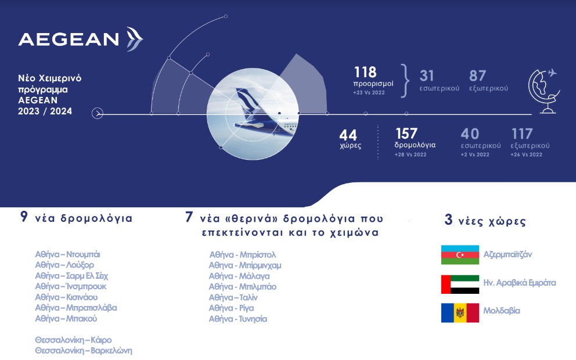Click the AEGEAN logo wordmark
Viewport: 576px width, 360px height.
(69, 39)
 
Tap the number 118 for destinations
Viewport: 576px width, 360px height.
(366, 73)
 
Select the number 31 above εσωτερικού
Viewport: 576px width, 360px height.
(427, 75)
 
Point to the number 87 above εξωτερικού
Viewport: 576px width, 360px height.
(477, 75)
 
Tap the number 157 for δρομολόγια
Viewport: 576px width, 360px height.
(407, 134)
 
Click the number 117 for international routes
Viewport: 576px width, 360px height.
(522, 134)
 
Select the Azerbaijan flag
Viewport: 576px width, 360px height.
(460, 255)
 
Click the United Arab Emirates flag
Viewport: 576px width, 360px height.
(460, 284)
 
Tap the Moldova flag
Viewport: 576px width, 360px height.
(460, 312)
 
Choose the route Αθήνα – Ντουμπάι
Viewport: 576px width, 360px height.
(71, 254)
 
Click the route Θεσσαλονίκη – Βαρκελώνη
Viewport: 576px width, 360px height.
(83, 351)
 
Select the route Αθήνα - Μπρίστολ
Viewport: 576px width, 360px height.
(242, 255)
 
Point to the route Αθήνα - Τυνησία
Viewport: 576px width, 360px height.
(238, 319)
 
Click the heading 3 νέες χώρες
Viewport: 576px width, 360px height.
(485, 221)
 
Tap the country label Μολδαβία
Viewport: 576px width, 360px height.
(502, 311)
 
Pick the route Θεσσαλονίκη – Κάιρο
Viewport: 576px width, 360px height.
(73, 340)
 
